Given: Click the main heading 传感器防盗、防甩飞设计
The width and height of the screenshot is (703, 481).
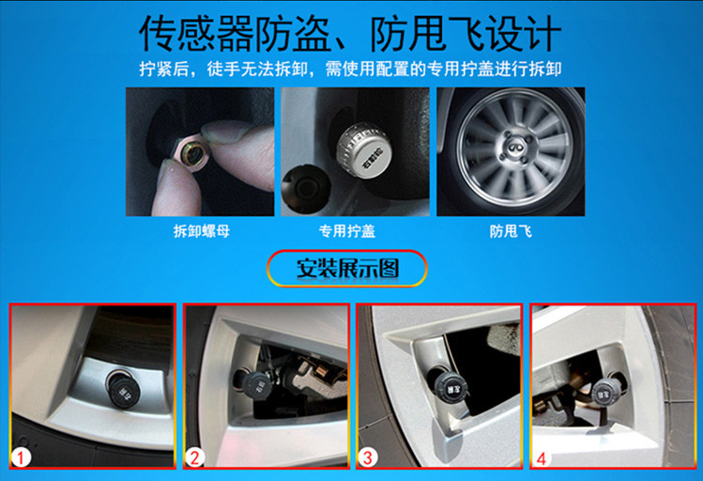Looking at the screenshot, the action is tap(350, 34).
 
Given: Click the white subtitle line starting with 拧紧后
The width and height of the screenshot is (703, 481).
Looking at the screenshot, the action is tap(350, 70).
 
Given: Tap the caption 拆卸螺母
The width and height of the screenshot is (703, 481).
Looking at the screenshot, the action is tap(201, 231).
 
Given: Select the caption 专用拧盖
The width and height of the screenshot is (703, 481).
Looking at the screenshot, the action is tap(347, 231).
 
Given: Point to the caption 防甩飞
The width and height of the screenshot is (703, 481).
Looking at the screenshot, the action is tap(511, 231).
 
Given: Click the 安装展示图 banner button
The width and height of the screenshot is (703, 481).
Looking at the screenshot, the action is tap(347, 269).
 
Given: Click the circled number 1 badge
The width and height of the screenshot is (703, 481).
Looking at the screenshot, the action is tap(21, 458).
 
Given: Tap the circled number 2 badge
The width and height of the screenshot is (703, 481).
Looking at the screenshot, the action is tap(194, 458).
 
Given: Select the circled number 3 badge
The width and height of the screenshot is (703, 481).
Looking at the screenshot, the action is tap(367, 458).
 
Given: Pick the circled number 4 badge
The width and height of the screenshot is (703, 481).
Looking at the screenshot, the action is tap(542, 458).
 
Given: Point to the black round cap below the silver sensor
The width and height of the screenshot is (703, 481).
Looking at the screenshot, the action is tap(306, 188).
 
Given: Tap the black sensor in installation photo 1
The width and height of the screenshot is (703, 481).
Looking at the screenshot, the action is tap(122, 388).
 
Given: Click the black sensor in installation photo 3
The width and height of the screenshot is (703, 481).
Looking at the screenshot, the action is tap(450, 387).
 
